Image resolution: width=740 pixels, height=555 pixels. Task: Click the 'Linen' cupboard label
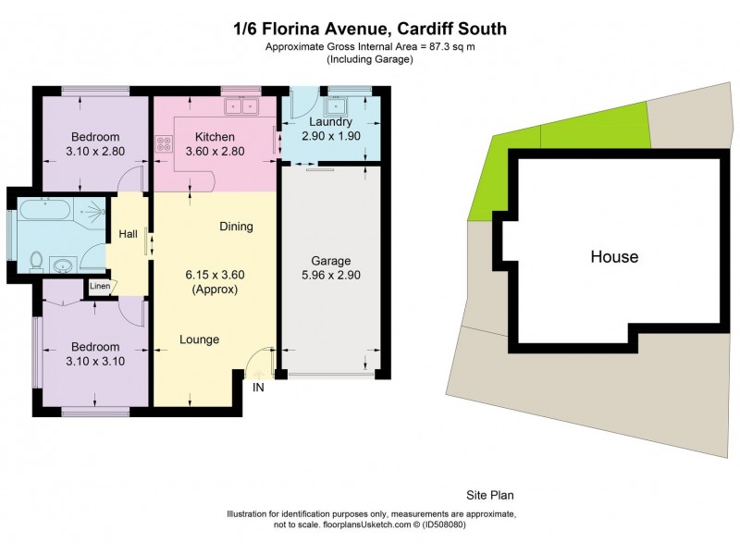coord(99,286)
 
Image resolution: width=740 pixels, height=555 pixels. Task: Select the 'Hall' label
coord(128,234)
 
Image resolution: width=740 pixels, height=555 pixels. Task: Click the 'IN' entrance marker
coord(258,388)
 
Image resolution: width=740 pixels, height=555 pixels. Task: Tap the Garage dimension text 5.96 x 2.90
coord(330,276)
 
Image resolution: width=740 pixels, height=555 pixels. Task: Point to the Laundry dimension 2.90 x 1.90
coord(330,136)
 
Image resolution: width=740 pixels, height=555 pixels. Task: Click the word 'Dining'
coord(236,227)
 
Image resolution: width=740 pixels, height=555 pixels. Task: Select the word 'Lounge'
coord(199,339)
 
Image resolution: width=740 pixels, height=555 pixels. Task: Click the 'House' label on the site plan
coord(614,256)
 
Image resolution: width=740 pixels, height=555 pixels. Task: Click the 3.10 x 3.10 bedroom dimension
coord(94,362)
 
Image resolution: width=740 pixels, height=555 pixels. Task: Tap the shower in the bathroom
coord(92,212)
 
